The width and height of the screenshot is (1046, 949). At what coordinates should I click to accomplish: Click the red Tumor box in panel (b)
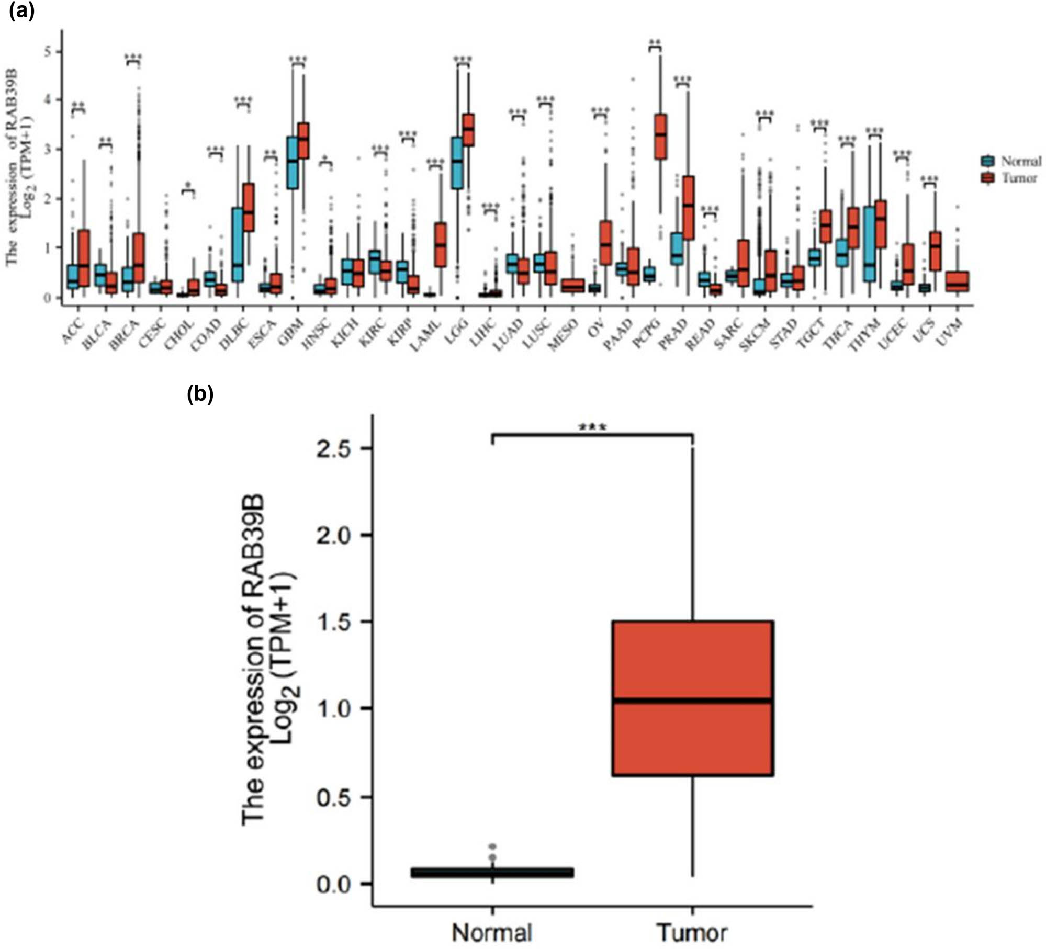tap(692, 698)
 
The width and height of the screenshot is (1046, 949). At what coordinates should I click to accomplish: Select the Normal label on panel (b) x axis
tap(492, 932)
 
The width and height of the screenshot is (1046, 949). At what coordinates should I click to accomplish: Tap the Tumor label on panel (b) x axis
tap(692, 932)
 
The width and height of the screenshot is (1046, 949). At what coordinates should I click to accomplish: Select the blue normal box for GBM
tap(293, 163)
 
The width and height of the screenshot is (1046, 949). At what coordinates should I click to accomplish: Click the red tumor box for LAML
tap(441, 244)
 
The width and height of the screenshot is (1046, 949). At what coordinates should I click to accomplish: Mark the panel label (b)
tap(200, 394)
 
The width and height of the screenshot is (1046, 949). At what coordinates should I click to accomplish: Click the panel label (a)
tap(21, 12)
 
